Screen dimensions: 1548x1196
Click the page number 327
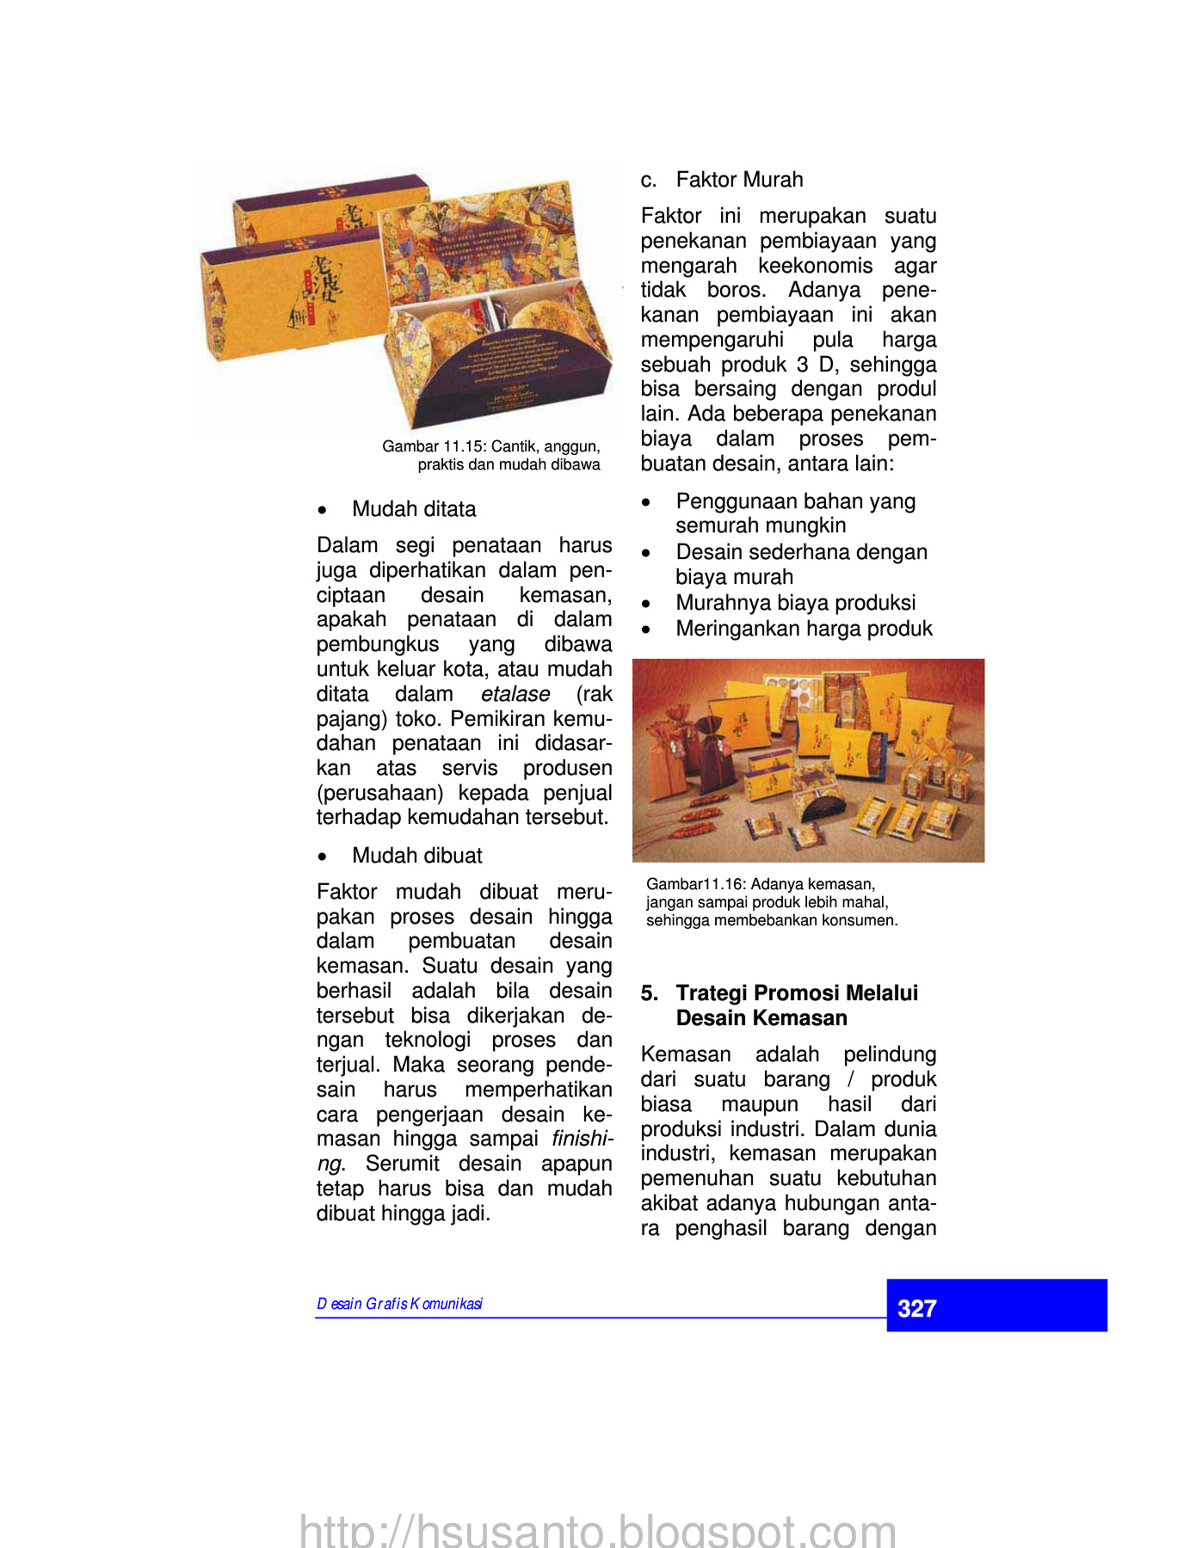916,1308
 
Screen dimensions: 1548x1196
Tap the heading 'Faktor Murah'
739,180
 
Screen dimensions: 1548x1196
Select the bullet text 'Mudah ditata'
414,509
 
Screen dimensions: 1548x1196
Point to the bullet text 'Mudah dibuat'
417,856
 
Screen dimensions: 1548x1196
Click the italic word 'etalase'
515,694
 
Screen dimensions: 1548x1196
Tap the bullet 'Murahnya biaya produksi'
795,603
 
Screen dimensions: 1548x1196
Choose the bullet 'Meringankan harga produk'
804,629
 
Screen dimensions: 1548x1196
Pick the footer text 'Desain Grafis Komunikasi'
399,1304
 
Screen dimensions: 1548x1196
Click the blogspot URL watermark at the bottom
597,1530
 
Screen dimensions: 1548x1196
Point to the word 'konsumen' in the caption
866,920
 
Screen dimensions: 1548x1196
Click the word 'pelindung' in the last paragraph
889,1054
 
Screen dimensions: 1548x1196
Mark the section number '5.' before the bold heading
650,993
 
